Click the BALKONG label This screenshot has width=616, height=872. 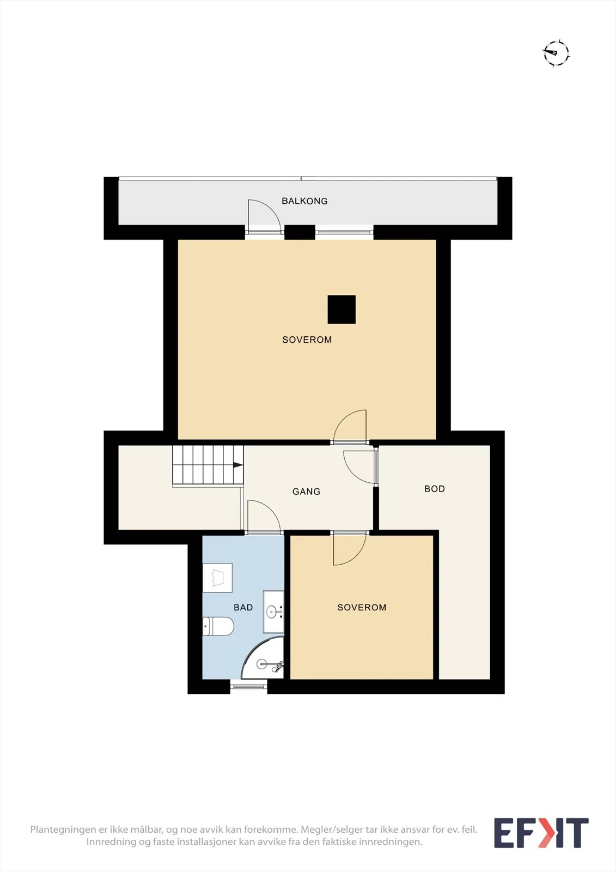[x=304, y=201]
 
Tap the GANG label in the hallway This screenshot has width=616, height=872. [x=306, y=492]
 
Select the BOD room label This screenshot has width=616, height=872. [x=434, y=489]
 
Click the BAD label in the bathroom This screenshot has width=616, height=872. [x=243, y=607]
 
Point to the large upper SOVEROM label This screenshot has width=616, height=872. [x=307, y=340]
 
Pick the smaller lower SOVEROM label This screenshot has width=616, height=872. [x=362, y=607]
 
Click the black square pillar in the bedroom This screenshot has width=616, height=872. [x=341, y=310]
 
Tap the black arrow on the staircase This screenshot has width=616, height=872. [x=238, y=465]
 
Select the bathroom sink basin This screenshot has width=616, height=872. [x=273, y=611]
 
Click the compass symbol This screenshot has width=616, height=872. [x=557, y=52]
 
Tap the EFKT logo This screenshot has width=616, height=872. [x=541, y=833]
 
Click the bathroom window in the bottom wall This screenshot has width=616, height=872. [x=249, y=686]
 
